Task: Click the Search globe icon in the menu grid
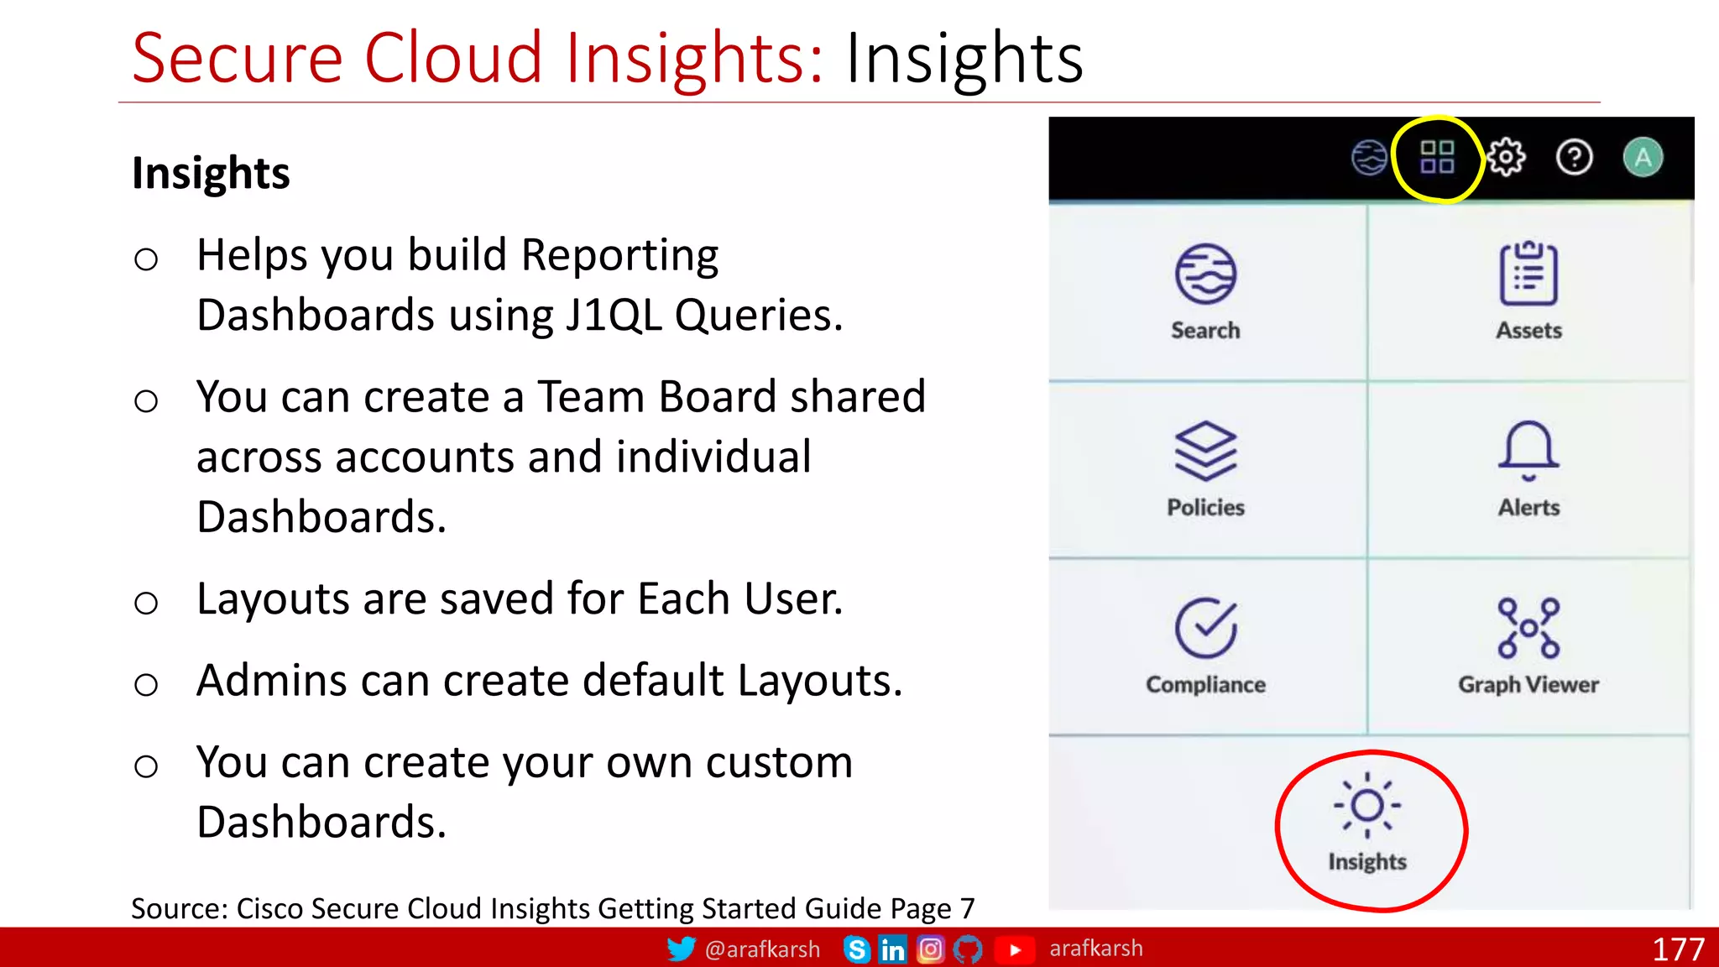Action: coord(1205,274)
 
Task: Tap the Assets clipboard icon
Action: coord(1528,274)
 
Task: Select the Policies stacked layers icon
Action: coord(1205,451)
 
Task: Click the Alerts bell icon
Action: coord(1528,451)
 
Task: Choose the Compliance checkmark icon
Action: coord(1205,628)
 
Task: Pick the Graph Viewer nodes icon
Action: coord(1528,628)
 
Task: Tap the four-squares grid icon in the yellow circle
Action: coord(1437,157)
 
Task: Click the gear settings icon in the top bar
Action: coord(1506,157)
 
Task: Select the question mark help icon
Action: coord(1574,157)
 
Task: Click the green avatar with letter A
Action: coord(1643,157)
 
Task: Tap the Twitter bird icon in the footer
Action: coord(681,949)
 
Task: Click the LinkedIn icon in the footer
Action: coord(892,949)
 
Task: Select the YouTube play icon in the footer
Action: coord(1015,949)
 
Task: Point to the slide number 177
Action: coord(1678,949)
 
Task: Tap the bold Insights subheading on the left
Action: coord(211,174)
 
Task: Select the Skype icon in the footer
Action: coord(856,949)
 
